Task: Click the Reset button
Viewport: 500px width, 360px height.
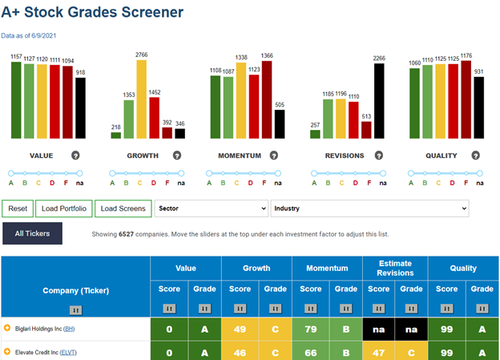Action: [x=18, y=208]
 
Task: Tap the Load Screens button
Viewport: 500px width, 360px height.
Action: [x=123, y=208]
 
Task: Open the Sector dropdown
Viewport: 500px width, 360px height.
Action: [x=212, y=208]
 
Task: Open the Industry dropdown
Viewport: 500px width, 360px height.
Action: [x=370, y=208]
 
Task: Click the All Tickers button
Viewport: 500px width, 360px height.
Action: [x=32, y=233]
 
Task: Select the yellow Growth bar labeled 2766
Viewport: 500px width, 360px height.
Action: [x=142, y=99]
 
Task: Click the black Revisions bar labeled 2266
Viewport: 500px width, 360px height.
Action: [x=379, y=101]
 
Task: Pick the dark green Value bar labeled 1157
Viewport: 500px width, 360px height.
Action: [x=16, y=100]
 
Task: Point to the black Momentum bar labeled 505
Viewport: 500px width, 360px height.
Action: [x=280, y=124]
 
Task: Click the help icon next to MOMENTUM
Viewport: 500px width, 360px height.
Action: [x=274, y=156]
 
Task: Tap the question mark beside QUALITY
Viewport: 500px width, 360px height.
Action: [x=476, y=156]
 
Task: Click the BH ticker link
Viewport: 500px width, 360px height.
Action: [x=69, y=329]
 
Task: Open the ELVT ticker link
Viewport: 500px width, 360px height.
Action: [x=68, y=352]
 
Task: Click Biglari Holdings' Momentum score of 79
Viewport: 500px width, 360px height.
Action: [x=311, y=329]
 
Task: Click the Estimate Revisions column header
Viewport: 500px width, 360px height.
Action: [x=395, y=268]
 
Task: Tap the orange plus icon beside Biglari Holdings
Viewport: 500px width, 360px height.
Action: [x=7, y=328]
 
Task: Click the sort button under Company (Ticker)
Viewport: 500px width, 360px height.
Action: [x=75, y=310]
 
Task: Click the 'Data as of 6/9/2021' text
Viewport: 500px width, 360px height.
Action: [x=29, y=36]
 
